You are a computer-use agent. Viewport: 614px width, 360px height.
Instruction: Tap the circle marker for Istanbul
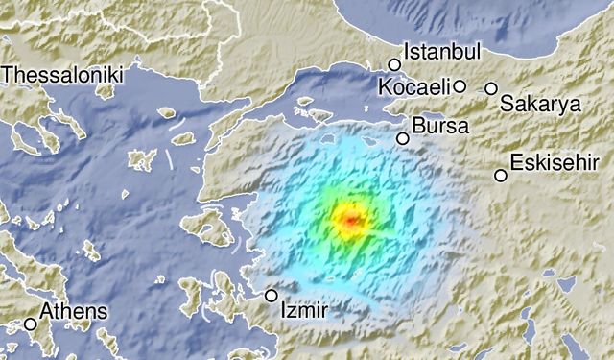point(394,65)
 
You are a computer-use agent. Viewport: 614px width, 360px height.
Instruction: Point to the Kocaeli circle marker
point(460,86)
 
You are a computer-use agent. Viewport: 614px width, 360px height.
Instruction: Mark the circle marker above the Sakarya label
point(491,88)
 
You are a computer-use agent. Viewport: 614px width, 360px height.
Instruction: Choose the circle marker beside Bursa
point(403,138)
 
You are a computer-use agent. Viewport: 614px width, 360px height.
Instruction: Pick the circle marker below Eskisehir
point(501,175)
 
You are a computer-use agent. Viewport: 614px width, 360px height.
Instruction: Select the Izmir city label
point(304,311)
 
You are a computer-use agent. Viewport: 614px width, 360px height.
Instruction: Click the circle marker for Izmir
point(272,296)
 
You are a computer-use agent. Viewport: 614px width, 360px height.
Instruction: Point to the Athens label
point(73,312)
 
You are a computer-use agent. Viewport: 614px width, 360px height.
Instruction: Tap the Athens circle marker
point(31,324)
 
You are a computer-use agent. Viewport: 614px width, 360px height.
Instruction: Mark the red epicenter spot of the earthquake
point(350,220)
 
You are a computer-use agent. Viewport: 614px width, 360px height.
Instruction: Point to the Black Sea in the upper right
point(537,24)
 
